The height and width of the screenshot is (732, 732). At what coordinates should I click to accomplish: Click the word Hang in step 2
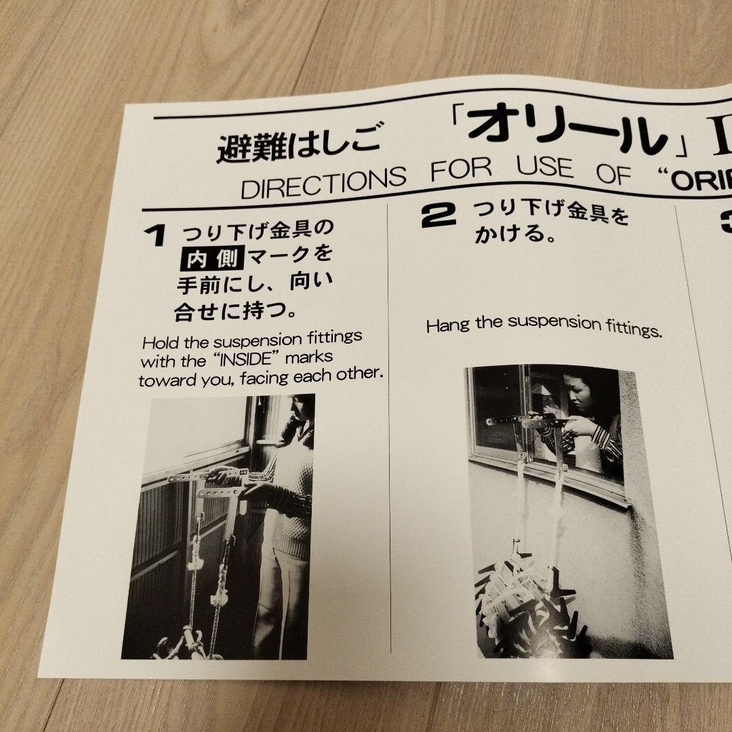click(x=447, y=325)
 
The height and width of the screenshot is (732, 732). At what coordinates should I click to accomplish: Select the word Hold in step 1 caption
click(x=160, y=341)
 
